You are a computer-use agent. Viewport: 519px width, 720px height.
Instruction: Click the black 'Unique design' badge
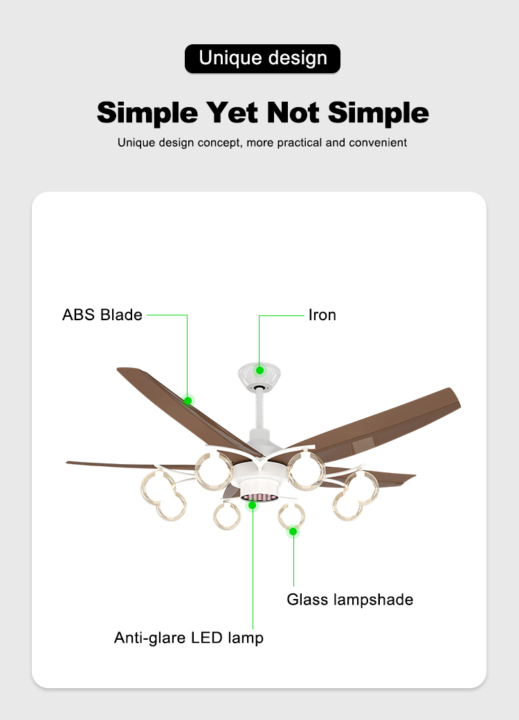tap(262, 59)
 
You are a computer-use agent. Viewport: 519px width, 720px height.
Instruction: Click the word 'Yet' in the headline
tap(232, 113)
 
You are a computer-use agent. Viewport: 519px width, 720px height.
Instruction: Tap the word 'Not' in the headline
tap(293, 113)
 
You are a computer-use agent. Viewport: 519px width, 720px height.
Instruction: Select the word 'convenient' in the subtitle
tap(378, 142)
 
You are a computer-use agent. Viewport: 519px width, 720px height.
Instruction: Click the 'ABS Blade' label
tap(102, 315)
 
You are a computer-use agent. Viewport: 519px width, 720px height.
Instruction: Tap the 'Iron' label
tap(322, 315)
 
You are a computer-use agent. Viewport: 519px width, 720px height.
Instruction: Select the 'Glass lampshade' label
tap(350, 600)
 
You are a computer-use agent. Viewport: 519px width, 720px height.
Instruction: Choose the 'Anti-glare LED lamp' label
tap(189, 638)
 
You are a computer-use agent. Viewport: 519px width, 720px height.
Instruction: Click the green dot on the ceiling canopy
tap(259, 370)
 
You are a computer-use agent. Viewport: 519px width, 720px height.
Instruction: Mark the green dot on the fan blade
tap(188, 401)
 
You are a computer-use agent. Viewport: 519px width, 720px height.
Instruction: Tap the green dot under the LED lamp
tap(252, 505)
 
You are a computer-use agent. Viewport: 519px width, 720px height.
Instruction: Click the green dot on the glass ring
tap(293, 532)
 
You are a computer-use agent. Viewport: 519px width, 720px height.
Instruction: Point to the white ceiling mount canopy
tap(259, 376)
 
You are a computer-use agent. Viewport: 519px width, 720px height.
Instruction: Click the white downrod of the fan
tap(260, 411)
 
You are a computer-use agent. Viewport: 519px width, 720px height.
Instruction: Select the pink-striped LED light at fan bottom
tap(259, 498)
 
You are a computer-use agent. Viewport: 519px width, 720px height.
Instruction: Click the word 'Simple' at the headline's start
tap(147, 113)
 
